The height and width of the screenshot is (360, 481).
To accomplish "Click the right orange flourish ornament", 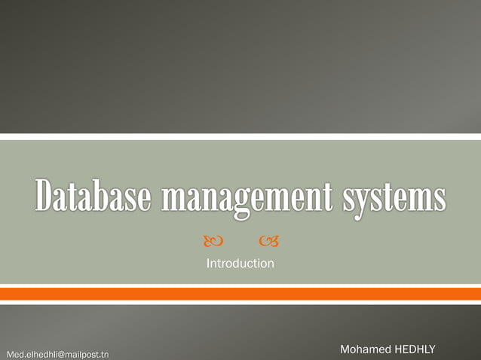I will [x=268, y=241].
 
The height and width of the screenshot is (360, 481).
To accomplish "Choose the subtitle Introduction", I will [x=240, y=264].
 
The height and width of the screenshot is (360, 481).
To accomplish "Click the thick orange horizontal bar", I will [x=240, y=294].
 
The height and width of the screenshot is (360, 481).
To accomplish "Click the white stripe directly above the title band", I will [x=240, y=137].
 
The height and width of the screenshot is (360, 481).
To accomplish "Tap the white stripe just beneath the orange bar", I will [x=240, y=303].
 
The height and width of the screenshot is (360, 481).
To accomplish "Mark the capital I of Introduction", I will [x=208, y=264].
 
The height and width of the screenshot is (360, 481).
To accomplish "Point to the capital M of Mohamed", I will [x=346, y=349].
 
